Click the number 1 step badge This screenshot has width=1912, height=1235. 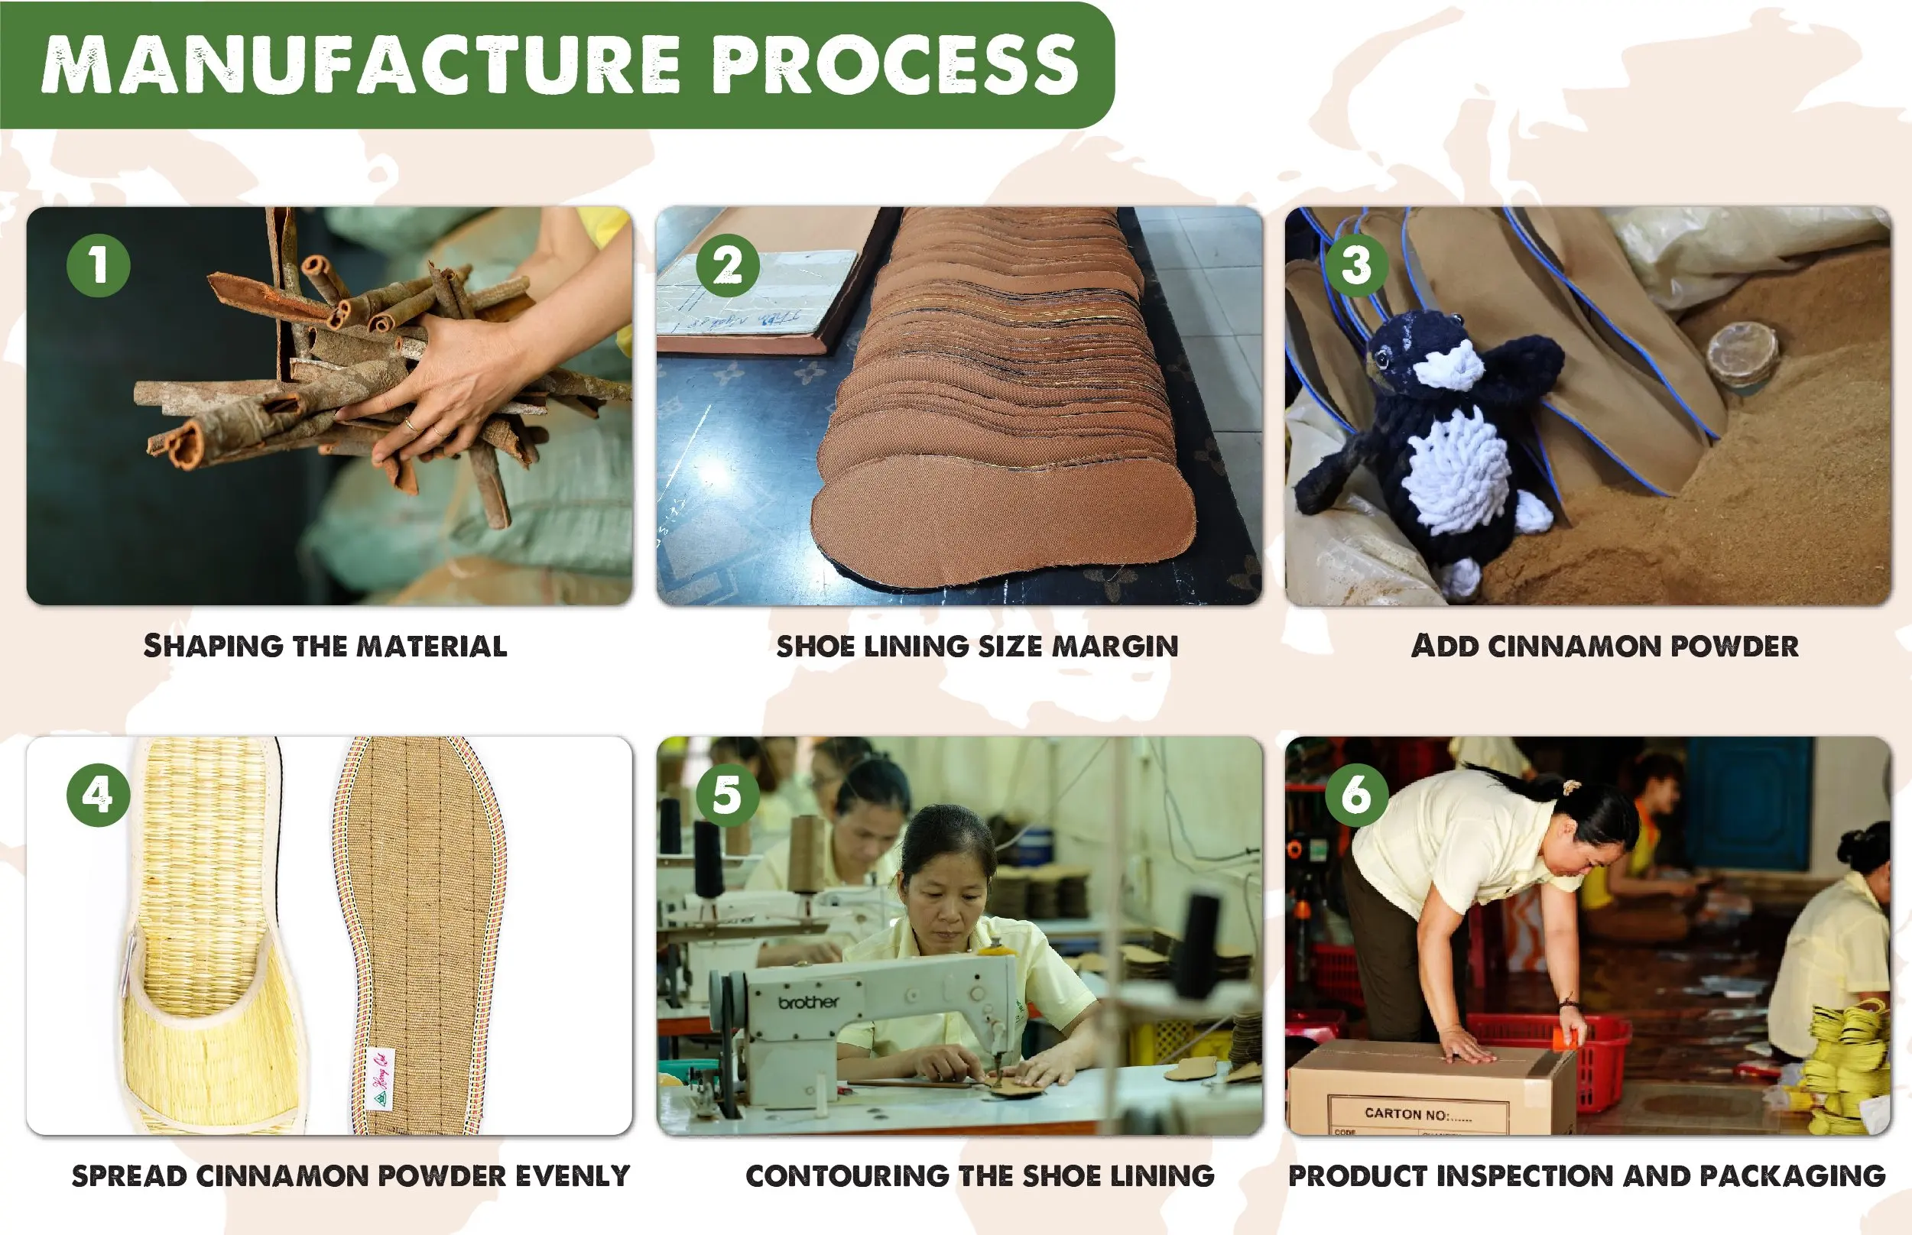[x=98, y=265]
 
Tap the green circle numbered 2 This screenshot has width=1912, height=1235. [x=728, y=265]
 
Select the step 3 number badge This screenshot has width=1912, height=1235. [x=1356, y=265]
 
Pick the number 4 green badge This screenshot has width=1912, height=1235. [x=98, y=795]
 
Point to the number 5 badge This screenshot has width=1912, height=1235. [x=728, y=795]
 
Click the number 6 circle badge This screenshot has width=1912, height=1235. [x=1356, y=795]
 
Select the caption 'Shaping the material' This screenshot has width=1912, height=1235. [x=325, y=646]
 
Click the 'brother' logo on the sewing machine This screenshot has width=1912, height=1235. [x=807, y=1003]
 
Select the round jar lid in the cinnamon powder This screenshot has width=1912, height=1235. [x=1742, y=353]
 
